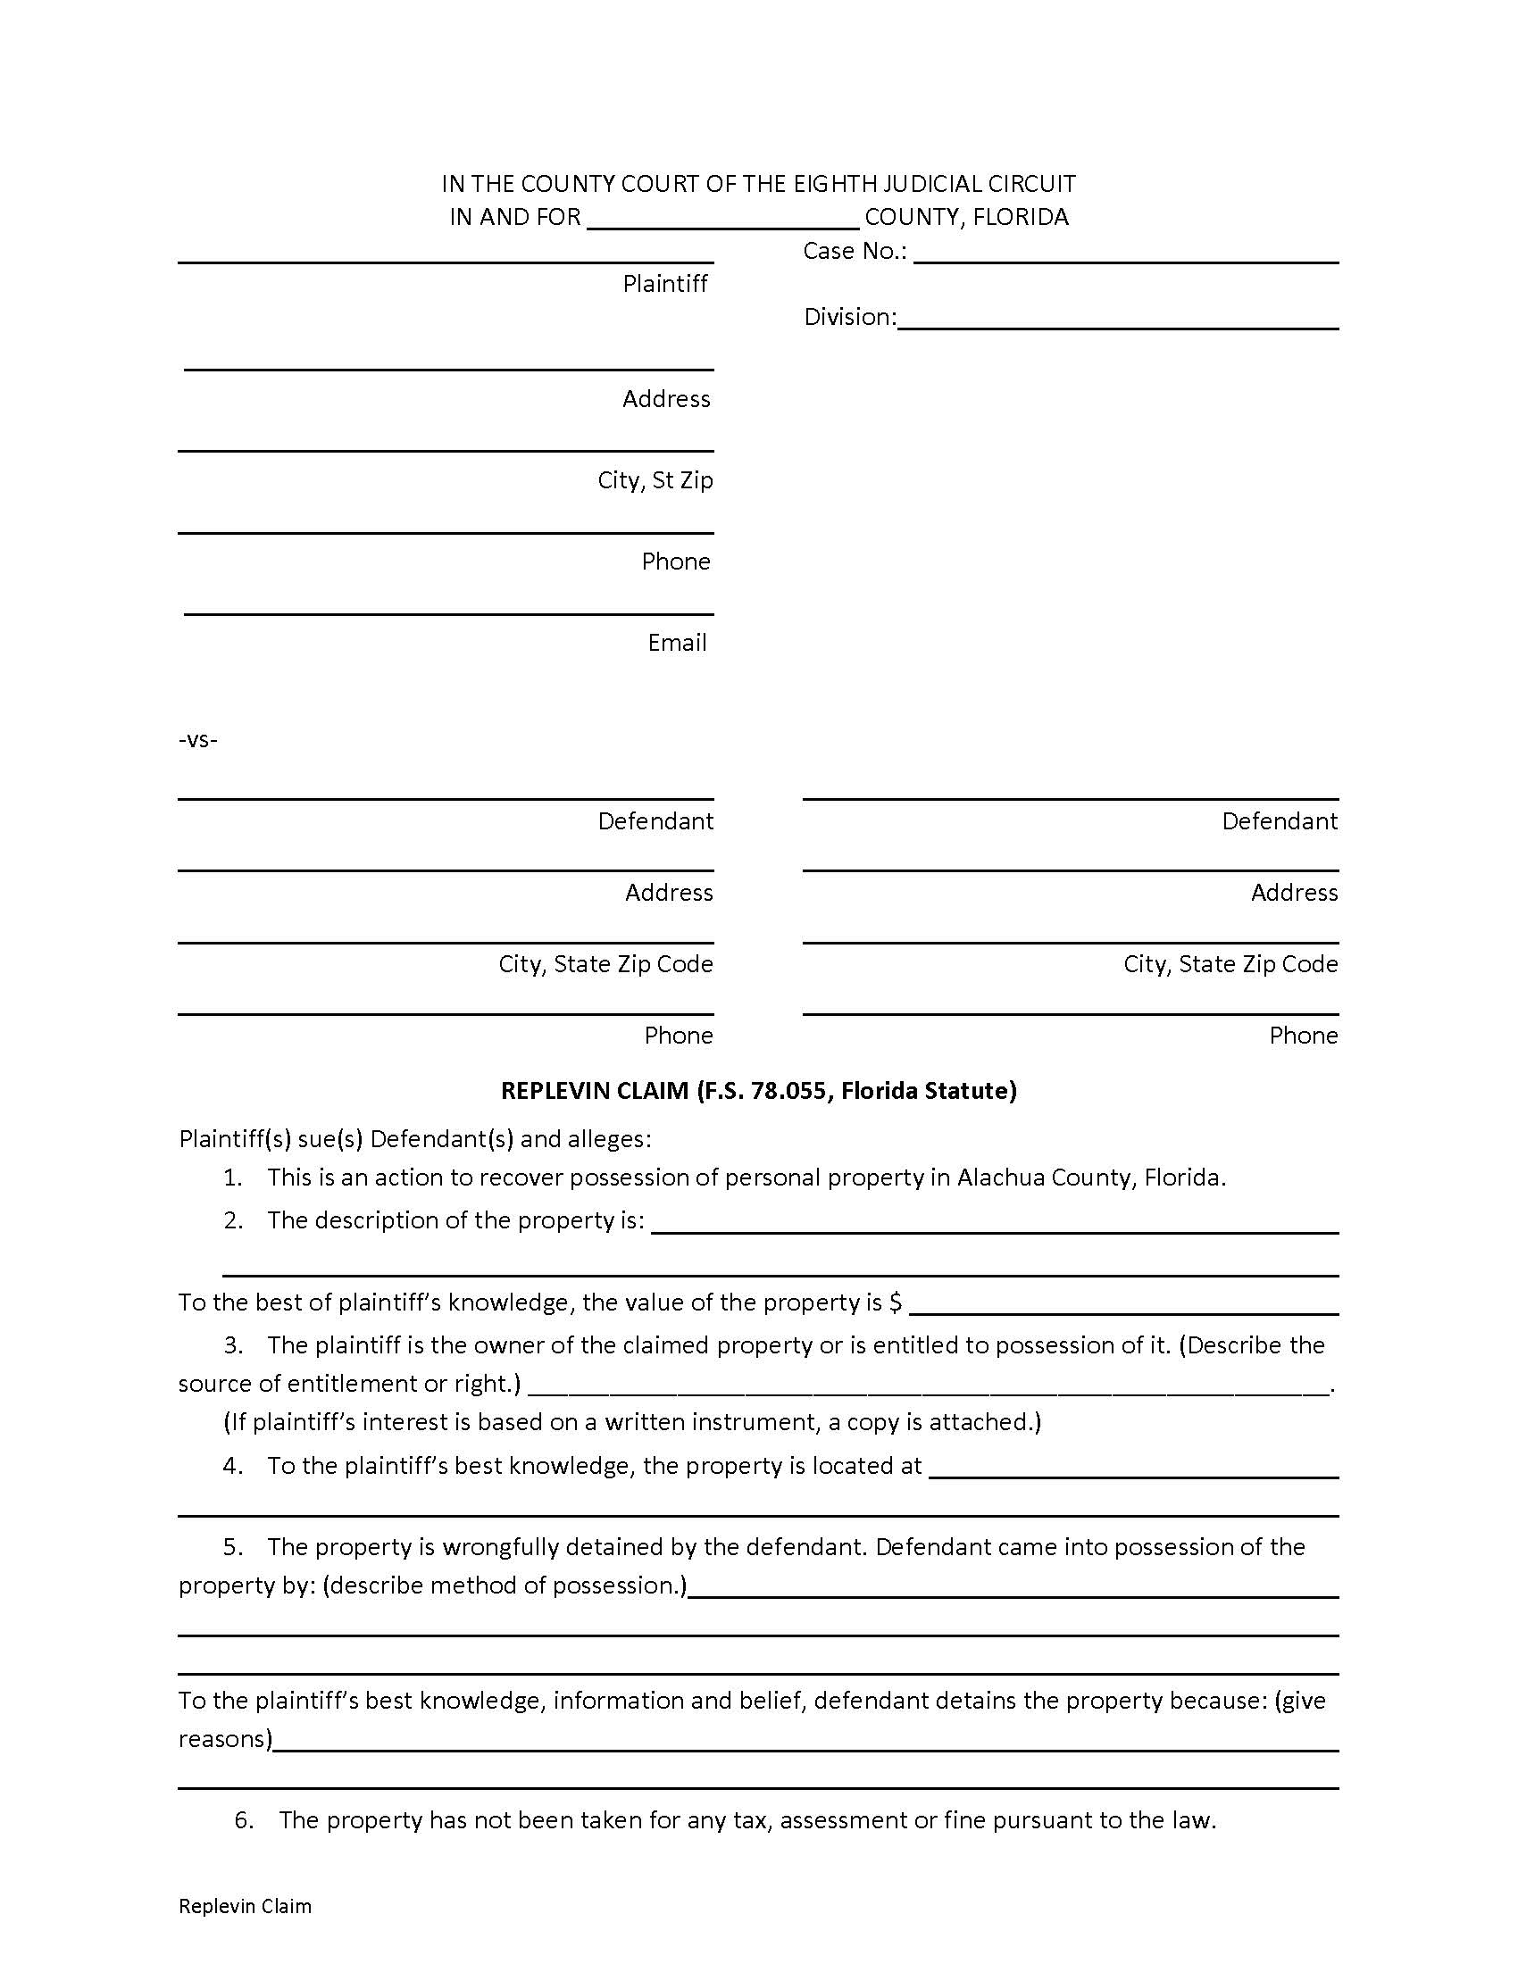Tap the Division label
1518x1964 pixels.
click(849, 317)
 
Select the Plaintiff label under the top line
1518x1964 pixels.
click(664, 284)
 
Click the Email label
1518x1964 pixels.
click(676, 643)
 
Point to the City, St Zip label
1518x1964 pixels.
click(655, 480)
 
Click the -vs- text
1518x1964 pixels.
click(198, 740)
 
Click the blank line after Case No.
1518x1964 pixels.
click(1126, 255)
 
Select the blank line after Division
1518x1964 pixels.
click(1118, 322)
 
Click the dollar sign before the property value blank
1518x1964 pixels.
click(896, 1303)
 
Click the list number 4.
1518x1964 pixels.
click(233, 1466)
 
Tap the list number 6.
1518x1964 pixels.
click(244, 1820)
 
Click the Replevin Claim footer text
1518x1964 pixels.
click(245, 1907)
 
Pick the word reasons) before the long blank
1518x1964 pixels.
click(225, 1739)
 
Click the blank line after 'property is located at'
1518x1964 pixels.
click(1133, 1471)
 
